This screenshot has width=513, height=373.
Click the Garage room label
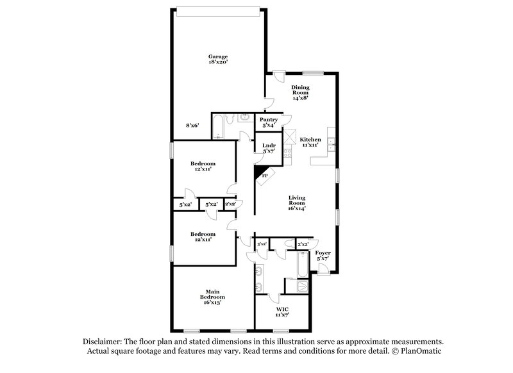click(x=217, y=56)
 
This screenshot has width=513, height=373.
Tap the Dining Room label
click(x=301, y=90)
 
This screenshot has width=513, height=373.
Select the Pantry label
click(x=268, y=119)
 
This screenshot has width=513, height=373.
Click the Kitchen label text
click(x=311, y=140)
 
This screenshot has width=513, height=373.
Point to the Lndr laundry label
click(x=269, y=146)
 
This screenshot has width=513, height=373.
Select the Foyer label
click(x=323, y=253)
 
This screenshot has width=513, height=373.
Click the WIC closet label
click(x=282, y=310)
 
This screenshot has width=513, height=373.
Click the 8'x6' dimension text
click(x=193, y=126)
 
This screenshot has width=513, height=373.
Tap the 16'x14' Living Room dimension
click(x=296, y=208)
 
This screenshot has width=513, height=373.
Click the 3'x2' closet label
click(x=262, y=244)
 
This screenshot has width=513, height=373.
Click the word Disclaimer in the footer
click(x=103, y=342)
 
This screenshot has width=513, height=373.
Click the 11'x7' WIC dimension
click(x=282, y=316)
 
